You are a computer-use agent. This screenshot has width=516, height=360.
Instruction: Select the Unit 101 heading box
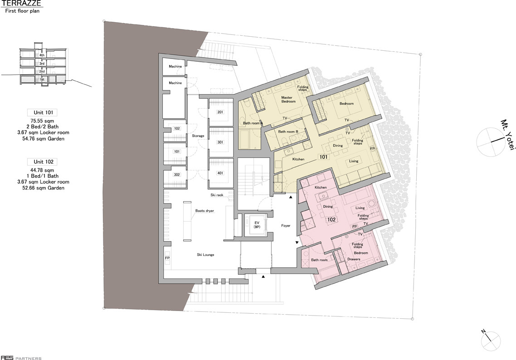43,112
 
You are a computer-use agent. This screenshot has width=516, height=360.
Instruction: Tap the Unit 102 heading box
43,162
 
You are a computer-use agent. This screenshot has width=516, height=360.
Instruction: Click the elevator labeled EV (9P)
257,224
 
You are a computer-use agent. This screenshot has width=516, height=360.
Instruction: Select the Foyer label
286,226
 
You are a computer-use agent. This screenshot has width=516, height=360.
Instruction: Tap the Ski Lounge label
206,255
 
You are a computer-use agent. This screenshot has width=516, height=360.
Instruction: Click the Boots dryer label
204,211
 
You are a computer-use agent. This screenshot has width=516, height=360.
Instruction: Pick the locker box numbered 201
220,112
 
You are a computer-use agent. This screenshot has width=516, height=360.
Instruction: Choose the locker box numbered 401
220,173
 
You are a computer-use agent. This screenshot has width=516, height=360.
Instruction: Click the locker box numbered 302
177,175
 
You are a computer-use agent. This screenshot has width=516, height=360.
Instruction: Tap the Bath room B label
288,131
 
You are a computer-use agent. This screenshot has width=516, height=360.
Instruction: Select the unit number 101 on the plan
324,157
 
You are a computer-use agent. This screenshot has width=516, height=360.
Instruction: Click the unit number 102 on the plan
331,219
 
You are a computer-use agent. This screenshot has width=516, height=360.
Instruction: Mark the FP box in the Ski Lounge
167,258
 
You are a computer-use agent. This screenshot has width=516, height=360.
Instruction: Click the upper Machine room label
175,67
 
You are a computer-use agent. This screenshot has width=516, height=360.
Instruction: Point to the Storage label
198,136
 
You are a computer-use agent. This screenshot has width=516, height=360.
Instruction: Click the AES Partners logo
21,358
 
